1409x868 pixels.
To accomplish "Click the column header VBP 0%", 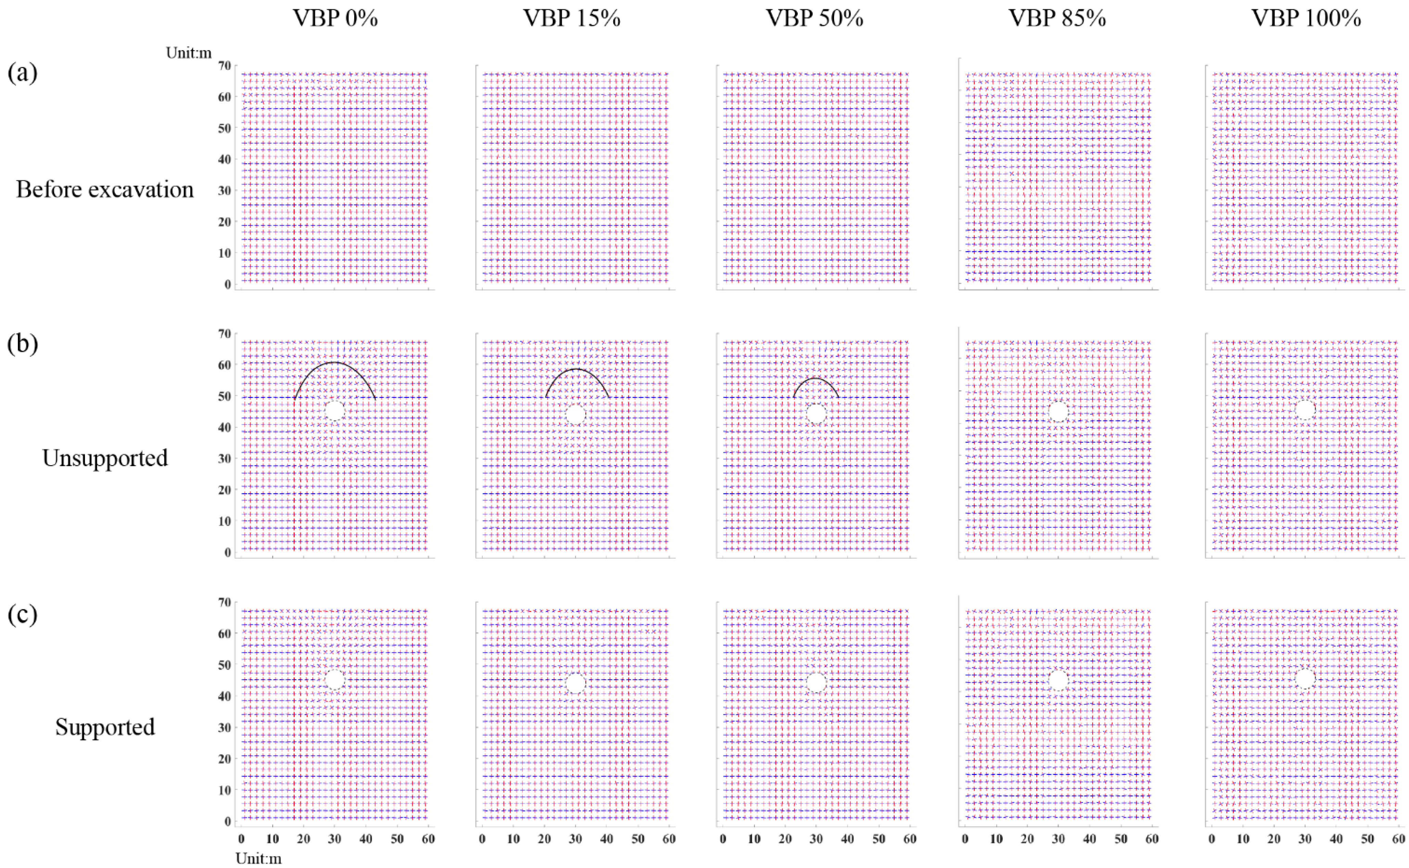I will (x=335, y=19).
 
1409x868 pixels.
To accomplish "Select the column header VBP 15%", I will (x=572, y=19).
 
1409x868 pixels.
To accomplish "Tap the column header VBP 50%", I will (x=815, y=19).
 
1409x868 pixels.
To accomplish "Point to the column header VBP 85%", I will (x=1058, y=19).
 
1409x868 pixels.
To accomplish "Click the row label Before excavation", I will (x=105, y=190).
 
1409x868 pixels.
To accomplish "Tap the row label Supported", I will (x=105, y=727).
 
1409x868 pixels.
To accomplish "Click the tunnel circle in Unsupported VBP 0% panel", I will (x=335, y=411).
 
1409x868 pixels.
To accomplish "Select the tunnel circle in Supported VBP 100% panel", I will (x=1305, y=678).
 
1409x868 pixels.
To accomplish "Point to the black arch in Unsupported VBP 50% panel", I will (x=816, y=378).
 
